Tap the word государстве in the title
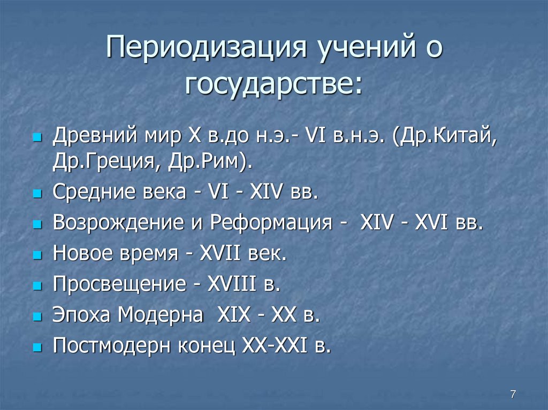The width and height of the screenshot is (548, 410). pos(272,86)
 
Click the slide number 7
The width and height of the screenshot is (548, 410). pos(513,394)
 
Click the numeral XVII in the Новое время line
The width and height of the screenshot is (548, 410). pos(221,253)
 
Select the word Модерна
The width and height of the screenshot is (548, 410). pos(161,315)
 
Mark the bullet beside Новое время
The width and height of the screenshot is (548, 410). pos(37,255)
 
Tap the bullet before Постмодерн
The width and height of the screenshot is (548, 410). pos(37,348)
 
